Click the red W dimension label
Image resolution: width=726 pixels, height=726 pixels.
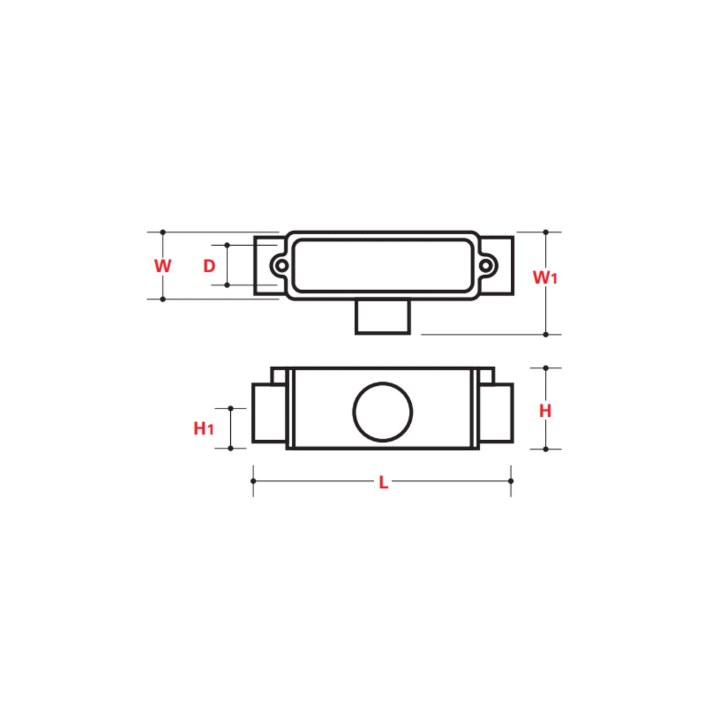[162, 266]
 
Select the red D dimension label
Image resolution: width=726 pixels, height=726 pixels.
[209, 266]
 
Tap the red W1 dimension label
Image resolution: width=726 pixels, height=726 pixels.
[545, 277]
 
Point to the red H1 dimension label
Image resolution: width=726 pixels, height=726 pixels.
[203, 428]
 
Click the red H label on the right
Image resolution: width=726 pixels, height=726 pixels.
[545, 411]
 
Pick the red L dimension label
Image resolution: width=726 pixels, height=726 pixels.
[383, 483]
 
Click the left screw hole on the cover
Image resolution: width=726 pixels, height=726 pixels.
[281, 265]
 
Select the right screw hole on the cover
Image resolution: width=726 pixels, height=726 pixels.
[486, 265]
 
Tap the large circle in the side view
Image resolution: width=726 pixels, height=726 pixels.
[383, 412]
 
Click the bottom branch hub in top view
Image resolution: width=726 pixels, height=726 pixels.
[383, 317]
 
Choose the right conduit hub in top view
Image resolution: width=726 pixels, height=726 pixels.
[498, 266]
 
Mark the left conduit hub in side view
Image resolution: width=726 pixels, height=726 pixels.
[269, 413]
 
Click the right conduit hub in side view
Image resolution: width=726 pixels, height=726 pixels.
[496, 413]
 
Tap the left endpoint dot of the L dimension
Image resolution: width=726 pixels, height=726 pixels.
[254, 481]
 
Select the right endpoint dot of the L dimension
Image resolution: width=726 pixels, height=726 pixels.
[511, 481]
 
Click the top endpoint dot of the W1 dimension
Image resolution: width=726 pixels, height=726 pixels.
[545, 232]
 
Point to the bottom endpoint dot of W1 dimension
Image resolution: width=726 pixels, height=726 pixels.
[545, 334]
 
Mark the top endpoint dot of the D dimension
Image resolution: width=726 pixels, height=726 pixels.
[227, 245]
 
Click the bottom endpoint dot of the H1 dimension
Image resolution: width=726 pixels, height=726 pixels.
[231, 448]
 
